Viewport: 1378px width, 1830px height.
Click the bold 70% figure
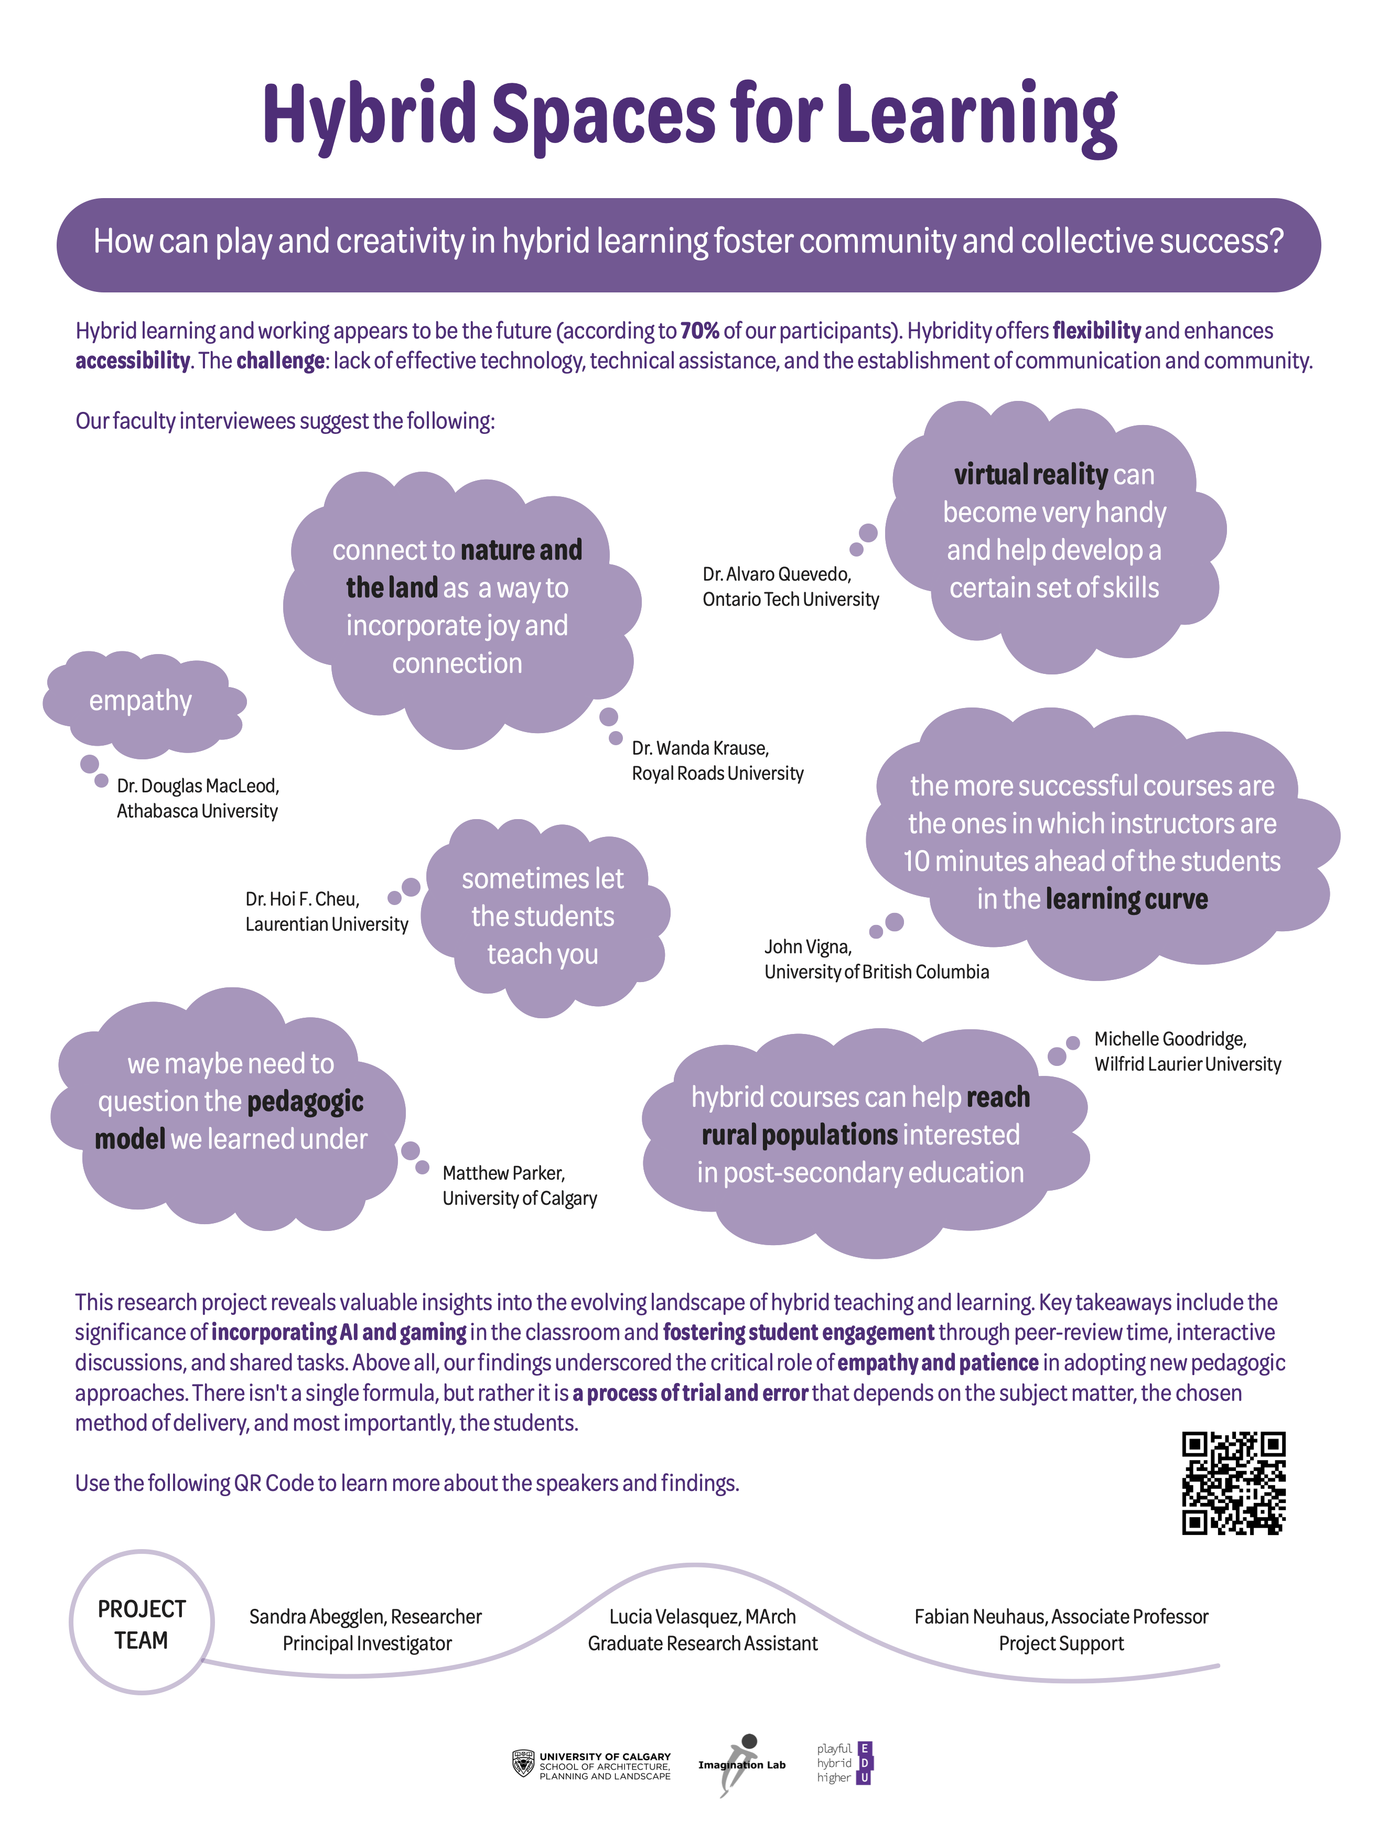pyautogui.click(x=699, y=331)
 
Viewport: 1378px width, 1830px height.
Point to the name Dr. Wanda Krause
pyautogui.click(x=700, y=748)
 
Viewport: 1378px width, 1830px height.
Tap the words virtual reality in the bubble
pyautogui.click(x=1030, y=475)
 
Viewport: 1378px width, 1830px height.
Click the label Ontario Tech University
pyautogui.click(x=790, y=599)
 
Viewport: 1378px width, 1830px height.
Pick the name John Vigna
pyautogui.click(x=807, y=946)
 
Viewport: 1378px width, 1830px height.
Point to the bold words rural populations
pyautogui.click(x=800, y=1135)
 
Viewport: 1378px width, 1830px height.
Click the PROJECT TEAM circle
pyautogui.click(x=142, y=1623)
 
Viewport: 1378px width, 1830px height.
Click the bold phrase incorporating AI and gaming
pyautogui.click(x=339, y=1332)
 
